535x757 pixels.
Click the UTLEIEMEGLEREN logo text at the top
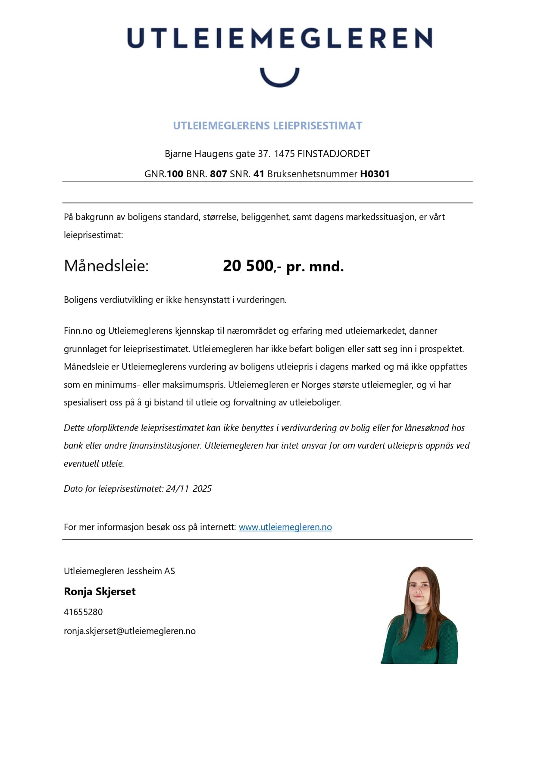point(279,38)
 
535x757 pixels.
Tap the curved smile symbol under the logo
point(279,78)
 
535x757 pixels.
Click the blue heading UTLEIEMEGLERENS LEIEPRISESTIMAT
point(267,126)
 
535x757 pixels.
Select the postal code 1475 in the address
point(284,154)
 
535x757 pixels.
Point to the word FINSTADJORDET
point(334,154)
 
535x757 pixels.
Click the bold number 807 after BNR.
point(218,174)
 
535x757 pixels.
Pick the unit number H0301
point(375,174)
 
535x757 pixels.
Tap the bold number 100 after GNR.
point(175,174)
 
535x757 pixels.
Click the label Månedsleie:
point(106,266)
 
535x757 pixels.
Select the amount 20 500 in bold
point(248,266)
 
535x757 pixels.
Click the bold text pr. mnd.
point(315,267)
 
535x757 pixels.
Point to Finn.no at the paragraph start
point(78,331)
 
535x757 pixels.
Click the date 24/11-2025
point(188,489)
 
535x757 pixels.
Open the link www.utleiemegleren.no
point(285,527)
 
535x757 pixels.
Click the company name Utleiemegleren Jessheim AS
point(119,571)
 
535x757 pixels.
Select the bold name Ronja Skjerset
point(100,592)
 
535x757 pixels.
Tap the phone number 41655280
point(83,612)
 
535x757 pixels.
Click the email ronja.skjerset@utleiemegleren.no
point(130,631)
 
